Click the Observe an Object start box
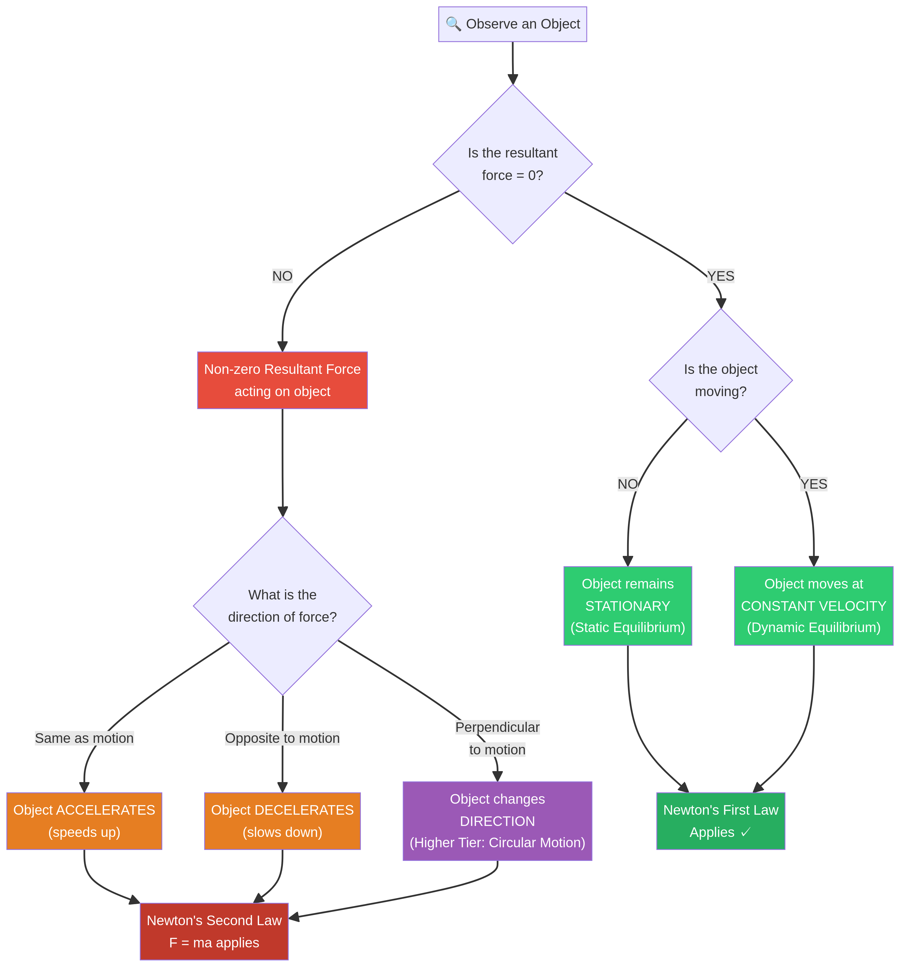pos(512,24)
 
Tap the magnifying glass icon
pos(453,24)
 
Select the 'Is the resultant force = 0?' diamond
pos(512,164)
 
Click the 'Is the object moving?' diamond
pos(721,381)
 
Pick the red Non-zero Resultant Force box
pos(282,381)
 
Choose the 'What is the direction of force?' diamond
pos(282,606)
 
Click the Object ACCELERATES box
pos(84,821)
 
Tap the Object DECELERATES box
pos(282,821)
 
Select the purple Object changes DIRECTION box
pos(497,821)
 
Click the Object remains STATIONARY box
pos(628,606)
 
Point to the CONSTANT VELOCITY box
pos(813,606)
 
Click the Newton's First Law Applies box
pos(721,821)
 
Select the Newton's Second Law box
pos(214,932)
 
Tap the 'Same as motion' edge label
pos(84,738)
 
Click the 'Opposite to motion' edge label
pos(282,738)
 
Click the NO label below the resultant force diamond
pos(282,276)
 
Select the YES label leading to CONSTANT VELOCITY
pos(813,484)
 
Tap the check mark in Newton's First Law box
pos(745,832)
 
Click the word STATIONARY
pos(628,606)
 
